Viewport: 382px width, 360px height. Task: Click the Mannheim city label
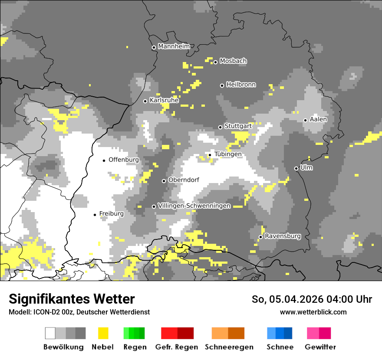coord(174,46)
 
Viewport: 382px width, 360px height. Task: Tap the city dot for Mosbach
coord(215,62)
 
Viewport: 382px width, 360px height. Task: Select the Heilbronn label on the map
coord(241,85)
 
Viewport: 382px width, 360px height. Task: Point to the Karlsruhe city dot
coord(145,101)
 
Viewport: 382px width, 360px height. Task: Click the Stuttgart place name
coord(238,126)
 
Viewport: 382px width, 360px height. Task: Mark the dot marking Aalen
coord(306,120)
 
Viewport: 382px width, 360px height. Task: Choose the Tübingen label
coord(228,154)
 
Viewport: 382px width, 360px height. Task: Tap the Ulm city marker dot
coord(296,168)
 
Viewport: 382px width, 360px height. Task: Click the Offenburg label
coord(124,160)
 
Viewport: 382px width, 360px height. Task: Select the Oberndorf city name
coord(184,180)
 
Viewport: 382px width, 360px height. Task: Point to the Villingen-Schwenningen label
coord(194,206)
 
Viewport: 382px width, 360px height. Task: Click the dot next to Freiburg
coord(95,215)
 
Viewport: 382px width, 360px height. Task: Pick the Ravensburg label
coord(283,236)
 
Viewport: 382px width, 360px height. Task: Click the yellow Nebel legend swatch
coord(103,333)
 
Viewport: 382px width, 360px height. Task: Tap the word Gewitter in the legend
coord(320,347)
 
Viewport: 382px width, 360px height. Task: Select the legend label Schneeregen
coord(229,347)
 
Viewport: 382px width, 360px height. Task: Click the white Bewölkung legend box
coord(50,333)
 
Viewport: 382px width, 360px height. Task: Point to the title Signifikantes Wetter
coord(72,299)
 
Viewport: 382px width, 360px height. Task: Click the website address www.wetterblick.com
coord(313,312)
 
